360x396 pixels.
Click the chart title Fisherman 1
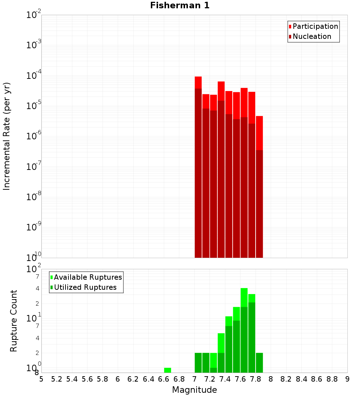(180, 5)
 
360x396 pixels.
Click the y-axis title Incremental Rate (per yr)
(7, 136)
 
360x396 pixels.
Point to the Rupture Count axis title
(14, 321)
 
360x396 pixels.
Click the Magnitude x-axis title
(194, 390)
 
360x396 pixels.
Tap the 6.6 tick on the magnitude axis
(164, 379)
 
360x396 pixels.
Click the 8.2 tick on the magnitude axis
(286, 379)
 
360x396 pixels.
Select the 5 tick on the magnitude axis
(41, 379)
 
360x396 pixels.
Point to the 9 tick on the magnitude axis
(347, 379)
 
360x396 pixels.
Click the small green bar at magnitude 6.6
(167, 370)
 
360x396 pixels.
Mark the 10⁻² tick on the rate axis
(34, 15)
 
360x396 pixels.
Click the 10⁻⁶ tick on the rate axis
(34, 136)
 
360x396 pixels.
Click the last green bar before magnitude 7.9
(259, 363)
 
